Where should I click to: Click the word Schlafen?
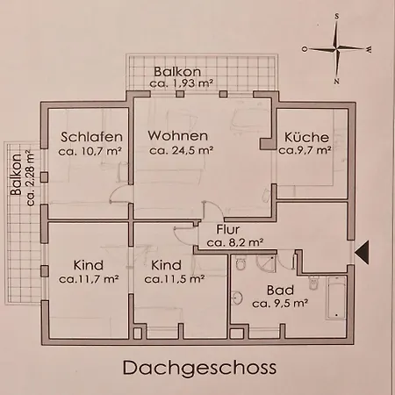(x=86, y=137)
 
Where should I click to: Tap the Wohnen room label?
(x=177, y=137)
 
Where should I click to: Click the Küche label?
(x=305, y=137)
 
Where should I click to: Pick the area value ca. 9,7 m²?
(x=305, y=151)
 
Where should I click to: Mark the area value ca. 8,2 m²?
(x=234, y=241)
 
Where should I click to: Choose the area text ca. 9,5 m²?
(x=279, y=303)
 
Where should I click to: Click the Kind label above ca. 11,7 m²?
(x=89, y=265)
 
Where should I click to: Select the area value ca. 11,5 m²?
(x=168, y=279)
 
